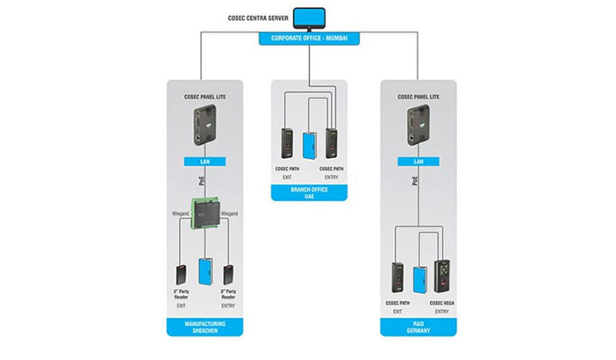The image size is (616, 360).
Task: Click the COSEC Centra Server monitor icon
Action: click(309, 18)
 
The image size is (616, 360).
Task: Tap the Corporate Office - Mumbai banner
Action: click(308, 38)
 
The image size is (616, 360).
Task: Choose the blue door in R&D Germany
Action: click(419, 279)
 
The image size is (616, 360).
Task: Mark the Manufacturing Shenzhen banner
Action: click(206, 327)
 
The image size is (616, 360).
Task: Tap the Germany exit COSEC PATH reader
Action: click(398, 279)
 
